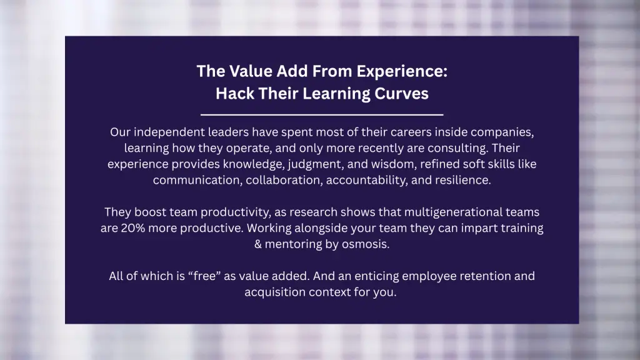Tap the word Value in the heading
pos(251,71)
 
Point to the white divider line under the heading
pos(322,115)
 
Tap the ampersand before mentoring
pos(258,244)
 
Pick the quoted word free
pos(204,276)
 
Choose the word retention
pos(485,276)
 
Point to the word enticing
pos(376,276)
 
